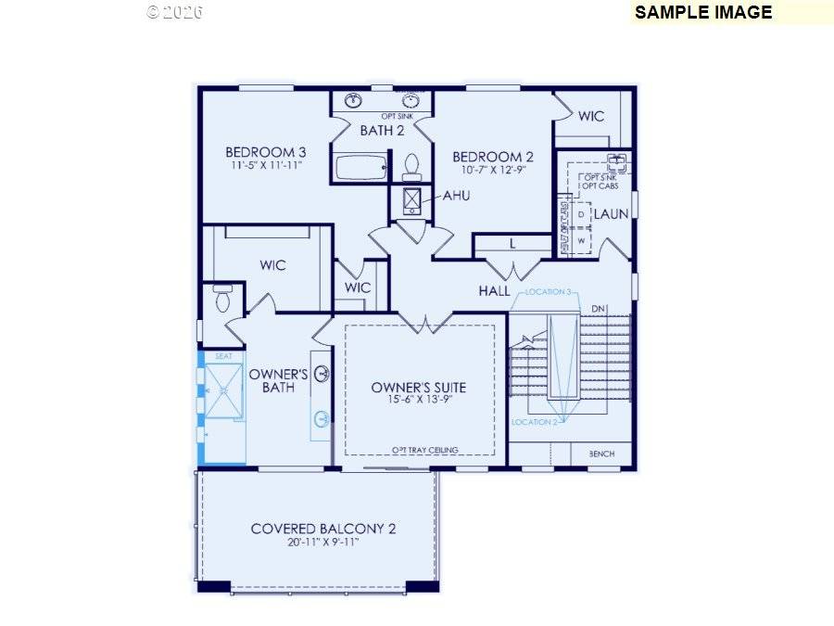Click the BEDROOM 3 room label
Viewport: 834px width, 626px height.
(x=266, y=152)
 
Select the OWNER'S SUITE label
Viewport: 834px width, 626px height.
(x=419, y=387)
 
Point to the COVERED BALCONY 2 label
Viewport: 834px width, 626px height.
(x=323, y=529)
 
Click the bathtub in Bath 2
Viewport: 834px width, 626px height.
(x=358, y=168)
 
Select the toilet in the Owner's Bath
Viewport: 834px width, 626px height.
(x=222, y=300)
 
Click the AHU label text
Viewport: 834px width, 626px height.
(x=456, y=197)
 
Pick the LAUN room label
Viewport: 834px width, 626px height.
(x=611, y=213)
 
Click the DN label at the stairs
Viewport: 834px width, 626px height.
(x=598, y=309)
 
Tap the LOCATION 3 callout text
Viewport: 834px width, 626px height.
(x=548, y=292)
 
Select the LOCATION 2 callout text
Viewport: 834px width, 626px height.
(x=534, y=422)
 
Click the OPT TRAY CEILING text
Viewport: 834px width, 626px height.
(x=424, y=450)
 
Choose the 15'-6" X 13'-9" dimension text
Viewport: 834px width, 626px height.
(x=419, y=401)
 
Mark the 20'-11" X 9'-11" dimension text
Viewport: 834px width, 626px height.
(x=323, y=543)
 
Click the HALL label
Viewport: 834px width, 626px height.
(x=494, y=291)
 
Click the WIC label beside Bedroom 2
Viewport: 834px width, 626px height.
(x=591, y=116)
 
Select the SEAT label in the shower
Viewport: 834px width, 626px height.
(x=223, y=356)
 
